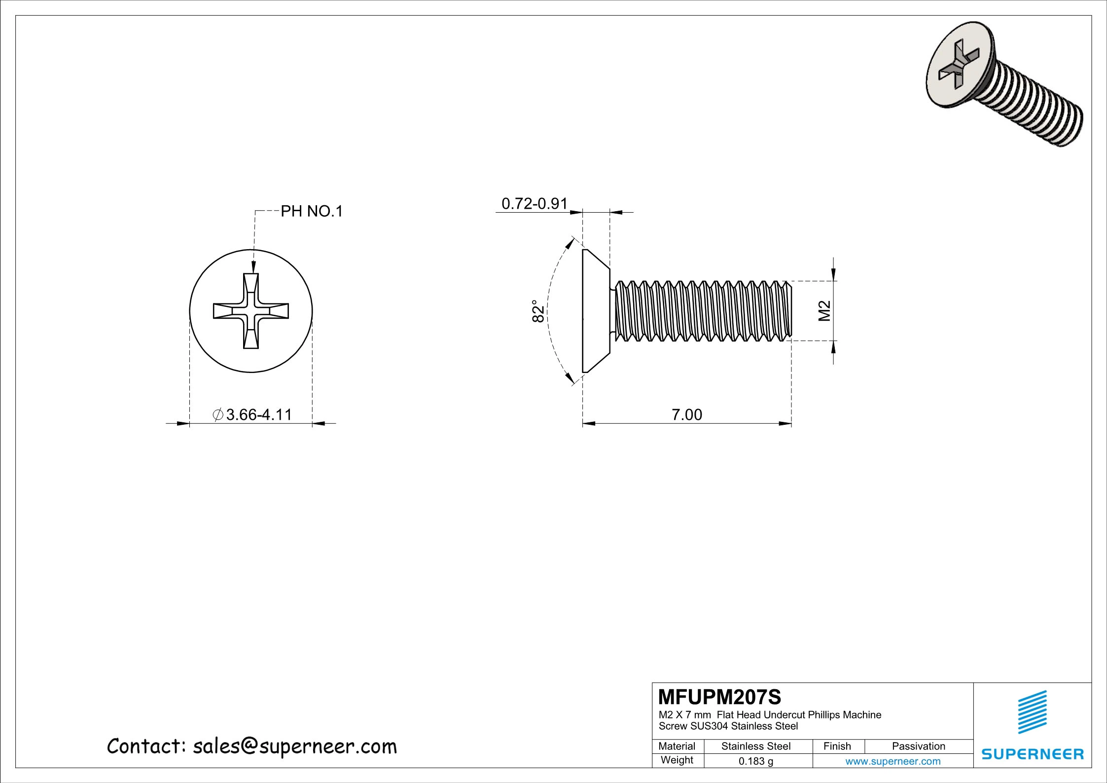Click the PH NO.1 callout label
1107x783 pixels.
311,212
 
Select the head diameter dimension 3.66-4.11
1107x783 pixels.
253,414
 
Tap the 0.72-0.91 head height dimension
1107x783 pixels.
535,203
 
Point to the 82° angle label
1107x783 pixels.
538,311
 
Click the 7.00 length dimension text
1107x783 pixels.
686,414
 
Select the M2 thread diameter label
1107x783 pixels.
824,311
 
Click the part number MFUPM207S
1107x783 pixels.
719,697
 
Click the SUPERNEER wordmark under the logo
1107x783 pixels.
1033,754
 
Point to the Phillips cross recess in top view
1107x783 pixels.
251,311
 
